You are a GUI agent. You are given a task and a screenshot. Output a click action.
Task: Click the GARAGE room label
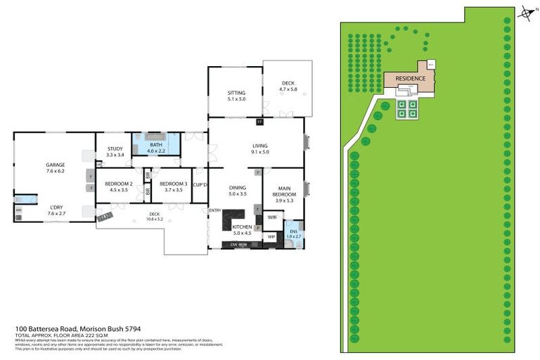[56, 165]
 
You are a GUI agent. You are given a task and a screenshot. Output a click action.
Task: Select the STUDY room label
[115, 148]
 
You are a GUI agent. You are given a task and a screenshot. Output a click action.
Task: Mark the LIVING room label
[261, 146]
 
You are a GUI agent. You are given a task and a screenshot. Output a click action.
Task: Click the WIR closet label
[271, 218]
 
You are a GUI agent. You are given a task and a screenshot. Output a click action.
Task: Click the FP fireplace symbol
[259, 122]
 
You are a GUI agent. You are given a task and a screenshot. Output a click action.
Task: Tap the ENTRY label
[215, 210]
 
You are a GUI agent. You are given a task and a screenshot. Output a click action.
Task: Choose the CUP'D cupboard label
[200, 184]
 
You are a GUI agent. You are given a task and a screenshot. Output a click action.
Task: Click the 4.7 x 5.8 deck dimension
[288, 89]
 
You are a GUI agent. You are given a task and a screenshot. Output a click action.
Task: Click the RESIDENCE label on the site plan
[410, 78]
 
